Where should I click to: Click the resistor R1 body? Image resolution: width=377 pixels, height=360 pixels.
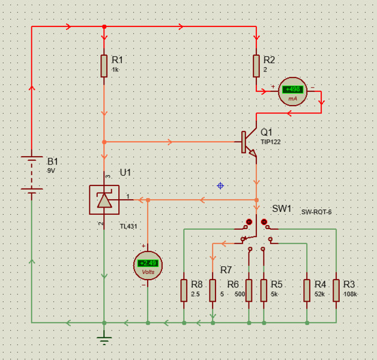[x=104, y=66]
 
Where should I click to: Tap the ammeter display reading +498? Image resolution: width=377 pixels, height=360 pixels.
[x=293, y=89]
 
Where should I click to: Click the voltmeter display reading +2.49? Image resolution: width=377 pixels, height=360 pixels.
[x=148, y=263]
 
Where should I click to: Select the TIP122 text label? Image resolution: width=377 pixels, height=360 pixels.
[x=270, y=142]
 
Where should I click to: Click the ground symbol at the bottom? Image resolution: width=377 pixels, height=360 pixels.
[x=104, y=340]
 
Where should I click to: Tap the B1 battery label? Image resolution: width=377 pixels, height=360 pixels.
[x=53, y=161]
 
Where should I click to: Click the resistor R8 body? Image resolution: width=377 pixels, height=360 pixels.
[x=184, y=290]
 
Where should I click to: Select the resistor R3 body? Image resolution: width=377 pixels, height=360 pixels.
[x=336, y=290]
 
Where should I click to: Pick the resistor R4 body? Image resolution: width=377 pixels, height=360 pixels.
[x=307, y=290]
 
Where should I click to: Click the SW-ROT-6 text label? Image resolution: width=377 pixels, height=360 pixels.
[x=316, y=212]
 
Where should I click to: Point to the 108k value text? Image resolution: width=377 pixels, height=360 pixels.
[x=349, y=295]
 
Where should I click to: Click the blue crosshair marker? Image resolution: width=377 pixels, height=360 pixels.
[x=220, y=186]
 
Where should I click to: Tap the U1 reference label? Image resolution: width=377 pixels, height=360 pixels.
[x=125, y=172]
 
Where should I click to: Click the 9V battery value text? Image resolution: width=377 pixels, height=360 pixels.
[x=50, y=171]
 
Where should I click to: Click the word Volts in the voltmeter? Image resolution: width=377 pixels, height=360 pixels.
[x=148, y=272]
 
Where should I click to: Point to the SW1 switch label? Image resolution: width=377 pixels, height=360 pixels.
[x=282, y=209]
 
